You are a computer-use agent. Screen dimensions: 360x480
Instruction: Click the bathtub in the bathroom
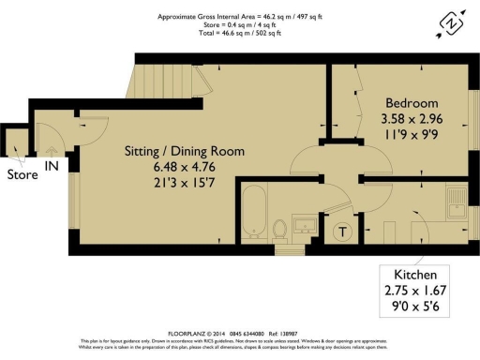(x=253, y=214)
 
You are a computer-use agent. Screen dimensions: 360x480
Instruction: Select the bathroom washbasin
(x=304, y=225)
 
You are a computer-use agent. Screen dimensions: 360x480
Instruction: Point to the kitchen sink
(x=457, y=202)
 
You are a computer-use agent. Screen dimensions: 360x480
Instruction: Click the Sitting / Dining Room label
(x=185, y=151)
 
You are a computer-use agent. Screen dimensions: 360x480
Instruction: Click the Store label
(x=22, y=174)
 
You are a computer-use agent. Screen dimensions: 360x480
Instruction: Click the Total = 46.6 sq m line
(x=240, y=34)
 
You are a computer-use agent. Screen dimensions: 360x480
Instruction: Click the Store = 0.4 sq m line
(x=240, y=25)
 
